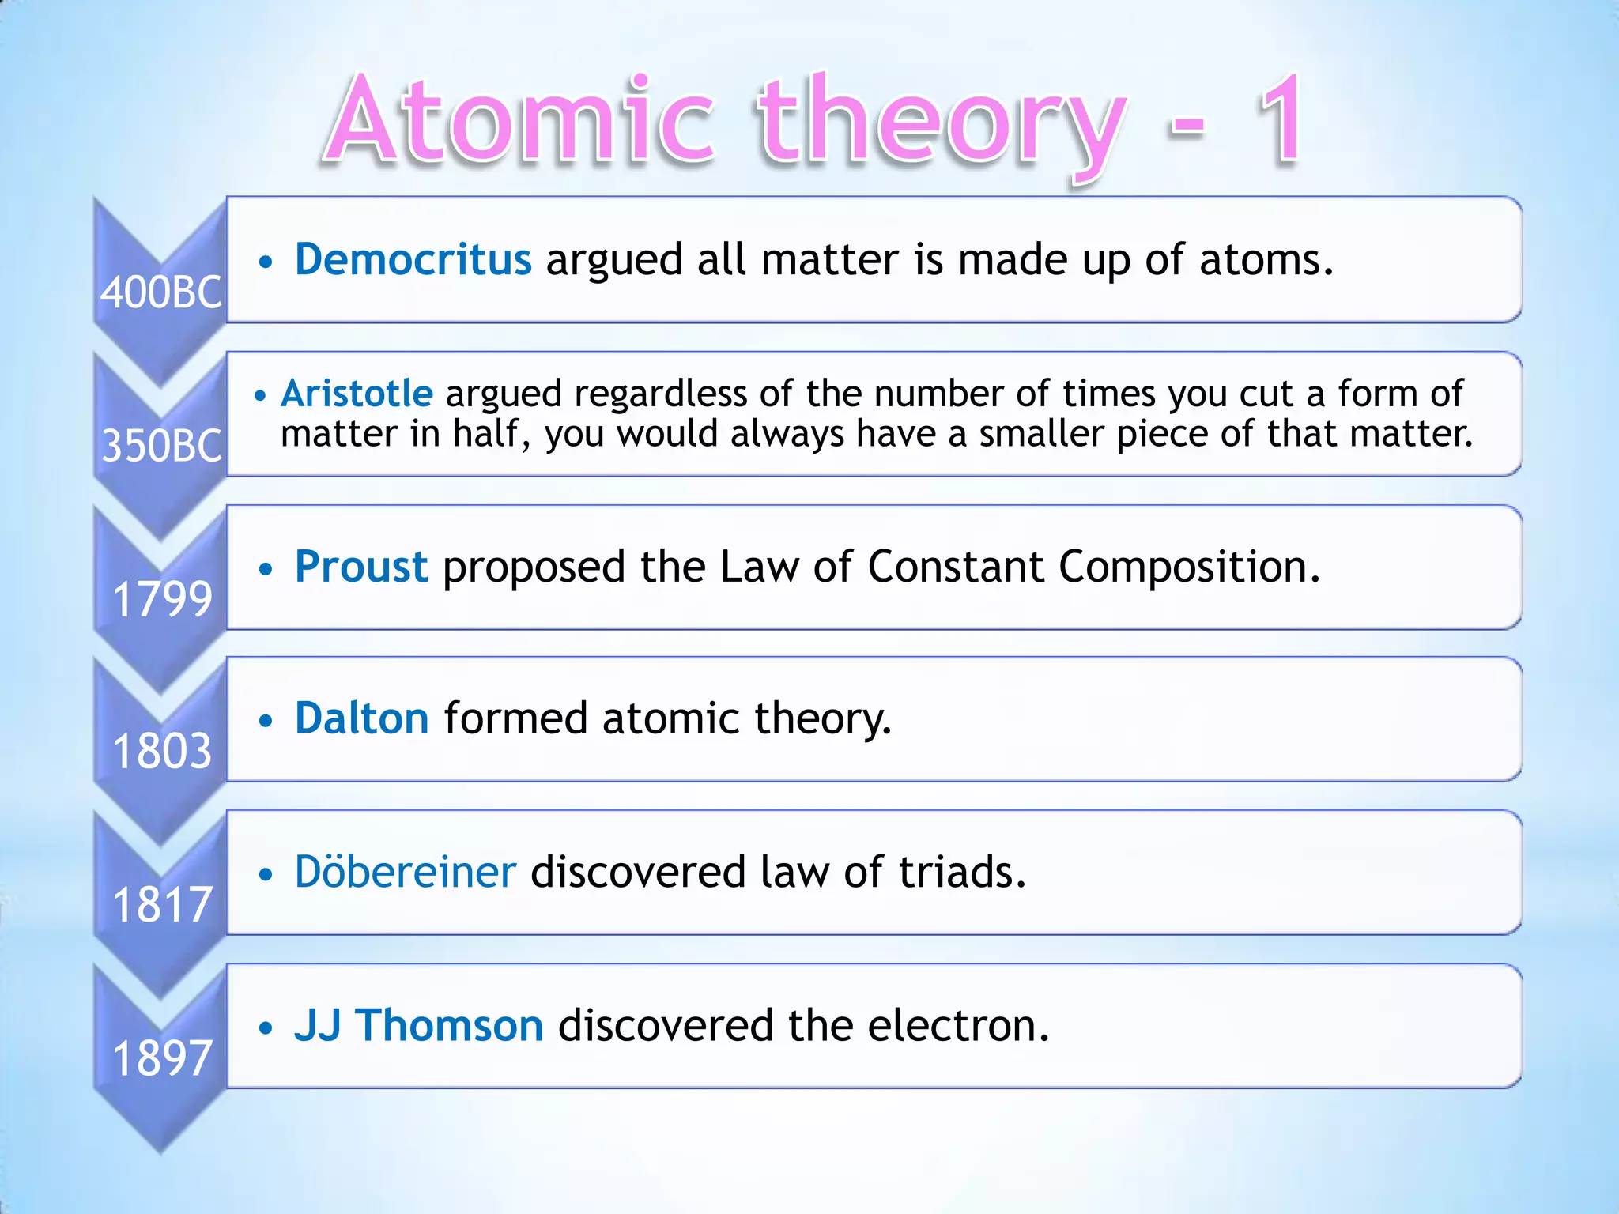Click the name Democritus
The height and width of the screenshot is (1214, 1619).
pyautogui.click(x=413, y=259)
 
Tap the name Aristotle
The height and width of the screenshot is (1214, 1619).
pyautogui.click(x=357, y=394)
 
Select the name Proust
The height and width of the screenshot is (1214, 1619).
pyautogui.click(x=361, y=567)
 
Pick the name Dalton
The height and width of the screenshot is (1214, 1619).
pyautogui.click(x=362, y=718)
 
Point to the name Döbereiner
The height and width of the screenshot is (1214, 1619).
pyautogui.click(x=406, y=872)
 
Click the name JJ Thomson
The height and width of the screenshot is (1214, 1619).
pyautogui.click(x=419, y=1025)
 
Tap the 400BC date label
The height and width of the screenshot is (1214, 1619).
pyautogui.click(x=161, y=292)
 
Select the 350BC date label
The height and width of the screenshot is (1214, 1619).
pyautogui.click(x=161, y=446)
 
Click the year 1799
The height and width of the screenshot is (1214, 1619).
pyautogui.click(x=162, y=599)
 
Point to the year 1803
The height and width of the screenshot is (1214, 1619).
pyautogui.click(x=162, y=751)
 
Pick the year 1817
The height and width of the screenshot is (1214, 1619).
pyautogui.click(x=162, y=904)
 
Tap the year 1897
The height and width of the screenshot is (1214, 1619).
pyautogui.click(x=162, y=1058)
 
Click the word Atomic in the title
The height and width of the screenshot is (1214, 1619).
pyautogui.click(x=519, y=123)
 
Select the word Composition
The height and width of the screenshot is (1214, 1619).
pyautogui.click(x=1189, y=568)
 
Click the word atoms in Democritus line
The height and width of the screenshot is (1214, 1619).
pyautogui.click(x=1266, y=260)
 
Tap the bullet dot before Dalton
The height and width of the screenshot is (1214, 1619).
pyautogui.click(x=266, y=720)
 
